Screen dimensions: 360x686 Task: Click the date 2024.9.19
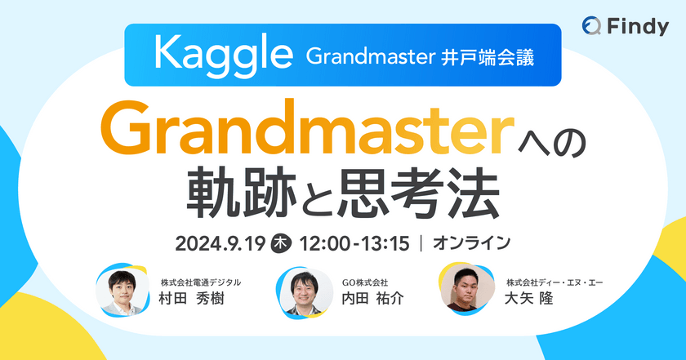coord(219,242)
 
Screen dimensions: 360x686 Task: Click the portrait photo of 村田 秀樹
coord(121,289)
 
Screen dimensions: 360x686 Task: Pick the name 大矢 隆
coord(529,299)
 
